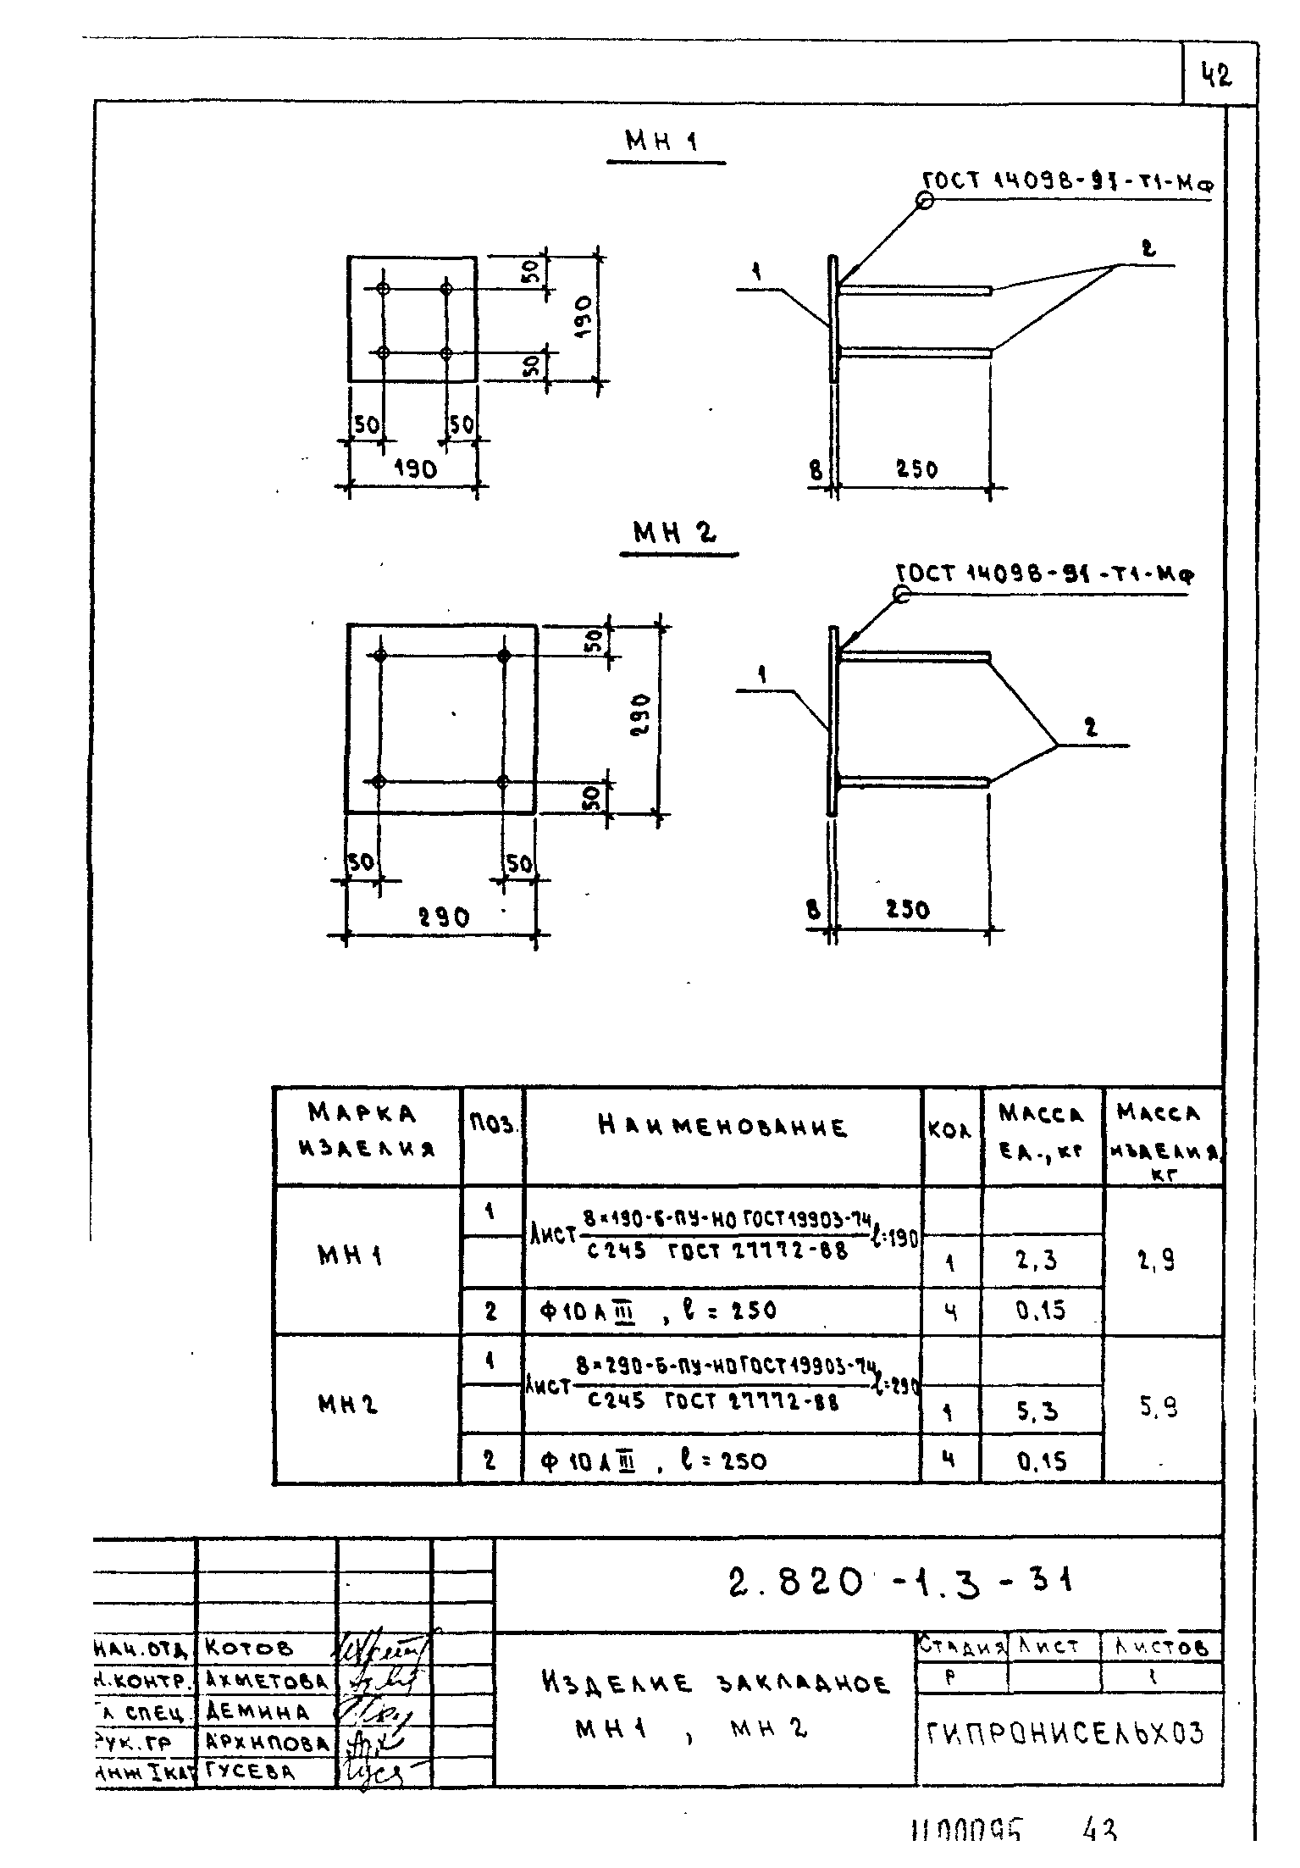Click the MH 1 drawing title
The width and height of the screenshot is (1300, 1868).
(x=661, y=141)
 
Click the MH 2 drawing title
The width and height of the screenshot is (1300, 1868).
(x=675, y=534)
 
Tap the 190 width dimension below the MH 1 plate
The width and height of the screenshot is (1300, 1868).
(x=415, y=468)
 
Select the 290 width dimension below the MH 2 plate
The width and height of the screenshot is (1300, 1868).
(x=444, y=917)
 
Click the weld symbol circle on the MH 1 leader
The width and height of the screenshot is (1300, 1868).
(x=924, y=201)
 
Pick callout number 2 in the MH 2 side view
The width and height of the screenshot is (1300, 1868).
(x=1090, y=728)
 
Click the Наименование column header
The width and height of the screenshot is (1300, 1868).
(x=722, y=1128)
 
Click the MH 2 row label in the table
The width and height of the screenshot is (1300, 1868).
(x=348, y=1405)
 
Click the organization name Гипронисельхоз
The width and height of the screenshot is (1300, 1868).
(x=1065, y=1734)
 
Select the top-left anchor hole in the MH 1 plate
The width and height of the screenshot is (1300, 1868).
(x=384, y=289)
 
